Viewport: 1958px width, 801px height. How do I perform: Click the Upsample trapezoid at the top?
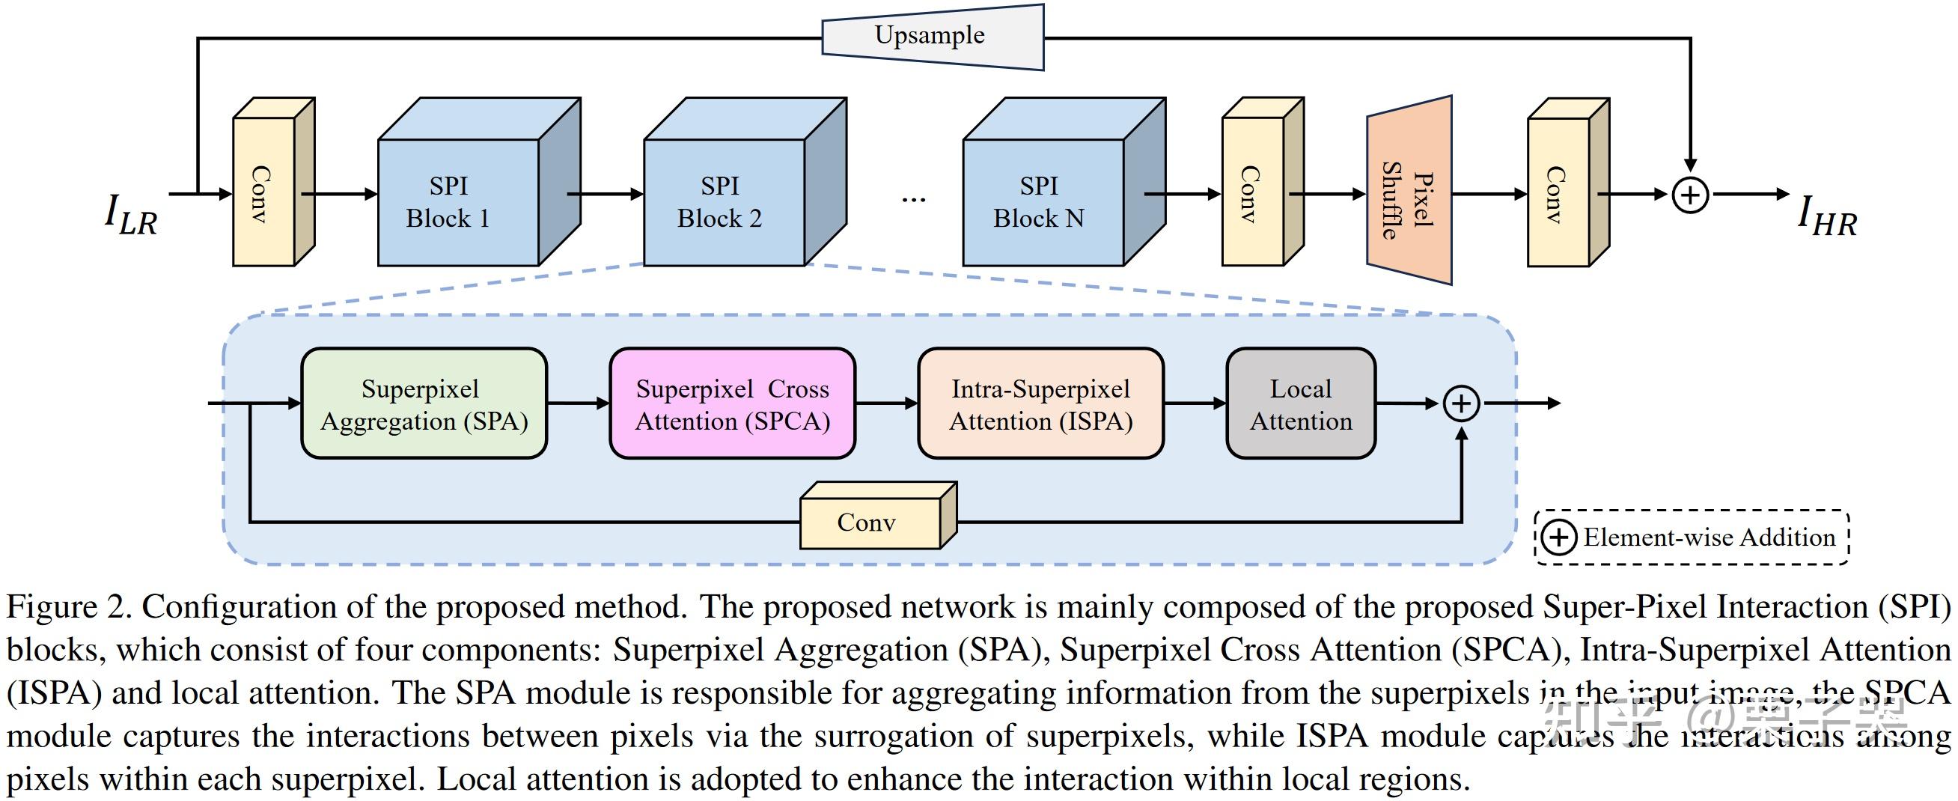931,36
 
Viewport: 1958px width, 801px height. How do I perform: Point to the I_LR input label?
131,214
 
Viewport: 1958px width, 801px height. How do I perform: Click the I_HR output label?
1826,215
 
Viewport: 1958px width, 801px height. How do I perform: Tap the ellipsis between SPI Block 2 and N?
913,199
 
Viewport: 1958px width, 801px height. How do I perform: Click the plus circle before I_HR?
1690,195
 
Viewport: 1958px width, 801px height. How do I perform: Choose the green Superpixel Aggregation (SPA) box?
424,404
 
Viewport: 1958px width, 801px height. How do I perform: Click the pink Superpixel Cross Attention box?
732,404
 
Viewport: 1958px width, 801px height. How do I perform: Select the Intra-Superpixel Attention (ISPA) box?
1040,404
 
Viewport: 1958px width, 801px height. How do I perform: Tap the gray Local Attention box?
1301,404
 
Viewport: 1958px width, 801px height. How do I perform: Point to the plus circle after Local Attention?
1461,404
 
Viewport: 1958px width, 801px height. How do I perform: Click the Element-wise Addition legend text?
1709,538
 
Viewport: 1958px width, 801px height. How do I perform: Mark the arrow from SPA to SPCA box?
578,404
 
